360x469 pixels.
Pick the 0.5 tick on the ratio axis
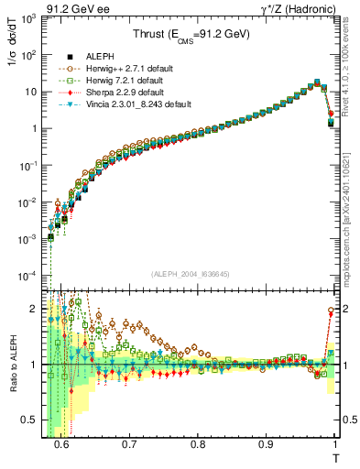click(x=35, y=423)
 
